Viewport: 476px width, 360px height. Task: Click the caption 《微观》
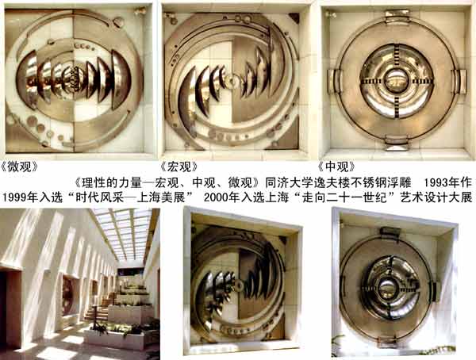pyautogui.click(x=20, y=167)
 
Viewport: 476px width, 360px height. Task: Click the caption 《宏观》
pyautogui.click(x=179, y=167)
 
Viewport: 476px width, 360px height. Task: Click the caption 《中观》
pyautogui.click(x=336, y=167)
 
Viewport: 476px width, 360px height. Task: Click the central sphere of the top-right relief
pyautogui.click(x=397, y=81)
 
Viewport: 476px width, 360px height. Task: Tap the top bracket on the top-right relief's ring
pyautogui.click(x=397, y=14)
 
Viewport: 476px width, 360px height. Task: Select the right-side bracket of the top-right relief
pyautogui.click(x=459, y=81)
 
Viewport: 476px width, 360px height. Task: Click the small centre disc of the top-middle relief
pyautogui.click(x=232, y=81)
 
